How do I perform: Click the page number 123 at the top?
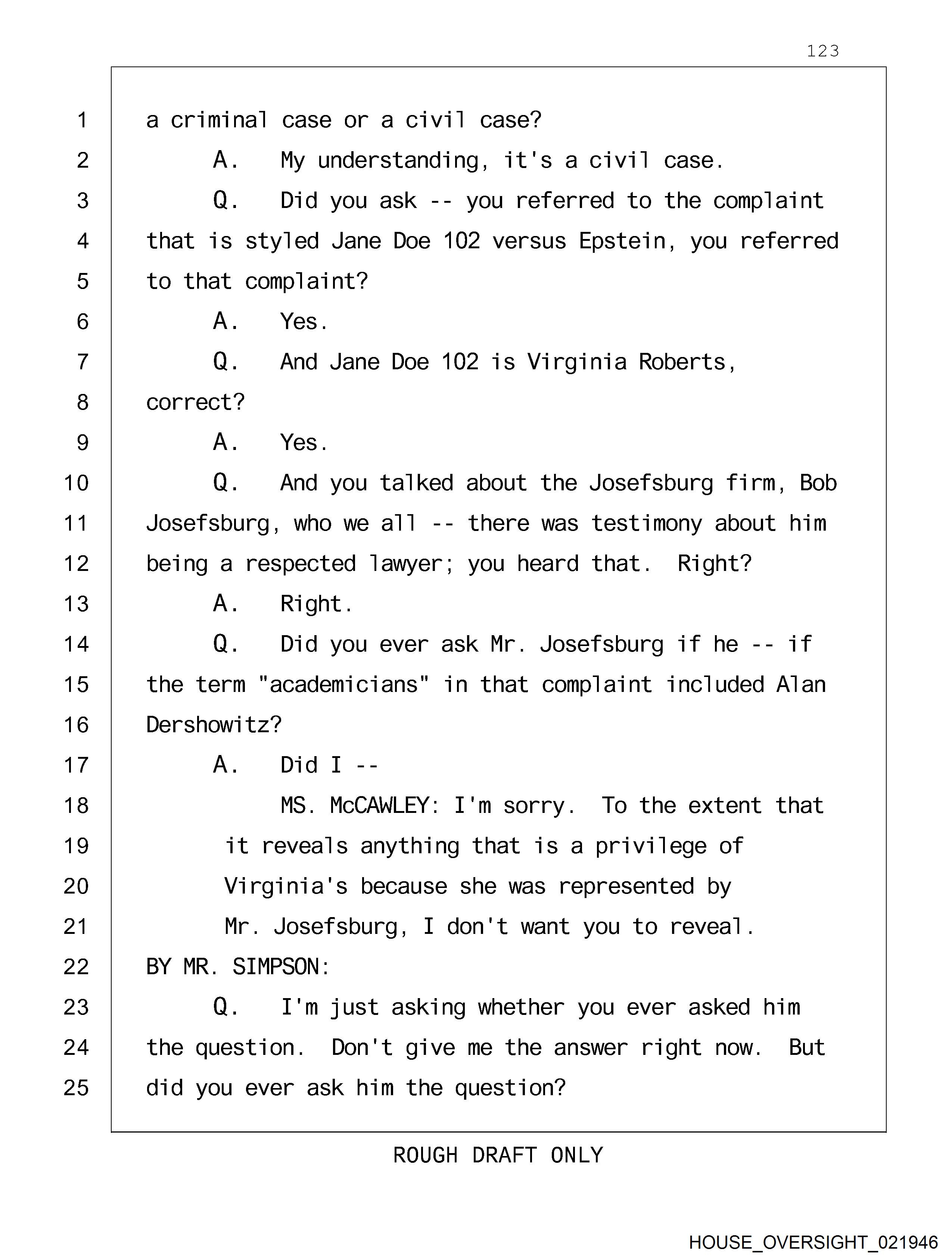click(822, 51)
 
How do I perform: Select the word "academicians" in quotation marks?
click(343, 685)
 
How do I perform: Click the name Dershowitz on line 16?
click(213, 725)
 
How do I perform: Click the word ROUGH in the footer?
click(425, 1156)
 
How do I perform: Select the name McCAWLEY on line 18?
click(379, 806)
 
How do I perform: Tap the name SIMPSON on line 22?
click(281, 967)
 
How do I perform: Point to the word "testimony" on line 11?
click(646, 523)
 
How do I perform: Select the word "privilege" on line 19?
click(651, 846)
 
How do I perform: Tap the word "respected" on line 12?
click(300, 563)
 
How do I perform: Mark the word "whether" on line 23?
click(521, 1007)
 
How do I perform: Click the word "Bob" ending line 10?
click(818, 483)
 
